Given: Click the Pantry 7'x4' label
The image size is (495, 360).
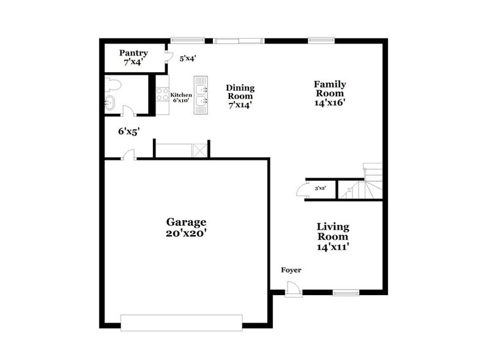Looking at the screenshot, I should [133, 58].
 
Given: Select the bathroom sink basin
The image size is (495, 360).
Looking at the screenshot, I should [110, 103].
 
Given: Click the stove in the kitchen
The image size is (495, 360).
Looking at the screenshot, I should [163, 95].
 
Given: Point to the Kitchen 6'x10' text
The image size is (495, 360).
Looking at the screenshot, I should [181, 97].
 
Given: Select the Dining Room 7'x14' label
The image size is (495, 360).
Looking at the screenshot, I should [240, 96].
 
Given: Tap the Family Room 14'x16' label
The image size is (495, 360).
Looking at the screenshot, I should [330, 94].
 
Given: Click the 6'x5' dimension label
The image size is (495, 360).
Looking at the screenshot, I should [130, 130].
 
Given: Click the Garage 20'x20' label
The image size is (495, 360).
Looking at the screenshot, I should [186, 227].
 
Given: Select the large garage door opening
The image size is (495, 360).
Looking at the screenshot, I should [182, 322].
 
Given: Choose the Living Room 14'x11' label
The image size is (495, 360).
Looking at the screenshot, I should [333, 236].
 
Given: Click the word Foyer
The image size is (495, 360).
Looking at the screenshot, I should [291, 270].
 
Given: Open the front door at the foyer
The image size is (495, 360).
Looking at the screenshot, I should [293, 288].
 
